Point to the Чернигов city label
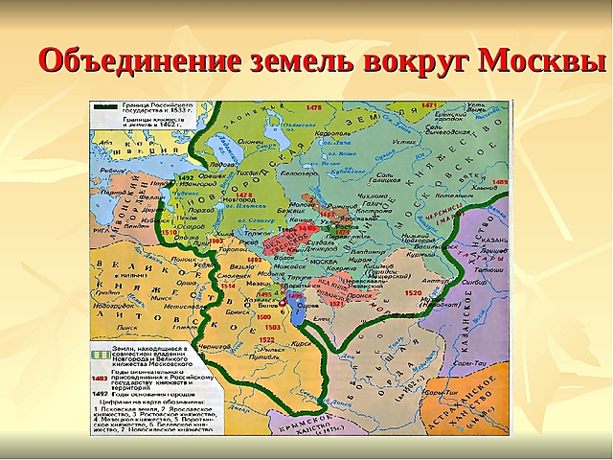(x=223, y=352)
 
